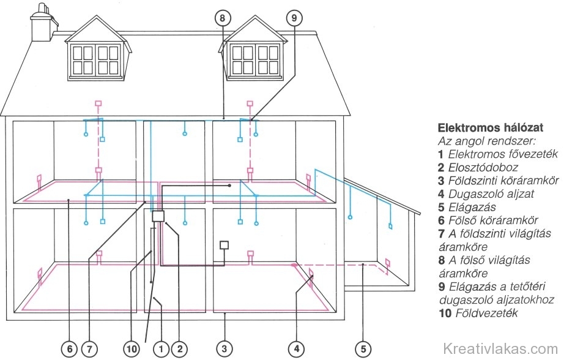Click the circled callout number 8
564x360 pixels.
(x=223, y=18)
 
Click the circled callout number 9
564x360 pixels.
(x=295, y=18)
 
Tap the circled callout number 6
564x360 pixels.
(x=69, y=349)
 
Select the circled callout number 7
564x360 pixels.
(x=90, y=349)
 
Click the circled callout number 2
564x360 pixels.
(x=179, y=349)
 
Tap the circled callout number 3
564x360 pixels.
(x=225, y=349)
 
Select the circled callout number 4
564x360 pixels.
(x=297, y=349)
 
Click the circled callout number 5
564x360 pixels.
(x=363, y=349)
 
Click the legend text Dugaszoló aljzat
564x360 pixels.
(x=487, y=193)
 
